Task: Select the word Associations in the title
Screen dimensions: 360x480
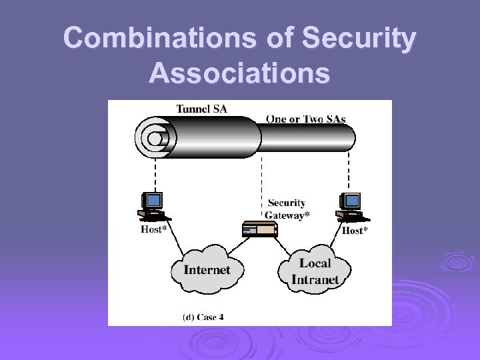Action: pyautogui.click(x=239, y=71)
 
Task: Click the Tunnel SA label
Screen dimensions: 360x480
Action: pyautogui.click(x=201, y=109)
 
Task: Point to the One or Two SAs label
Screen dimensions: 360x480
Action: pyautogui.click(x=305, y=119)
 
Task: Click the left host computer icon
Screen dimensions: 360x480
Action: pyautogui.click(x=153, y=206)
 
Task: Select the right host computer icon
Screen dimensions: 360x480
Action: pyautogui.click(x=350, y=206)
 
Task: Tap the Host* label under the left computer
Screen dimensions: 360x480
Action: pyautogui.click(x=153, y=229)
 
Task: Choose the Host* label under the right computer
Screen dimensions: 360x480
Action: pyautogui.click(x=355, y=231)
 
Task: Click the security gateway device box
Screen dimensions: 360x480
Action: pyautogui.click(x=259, y=229)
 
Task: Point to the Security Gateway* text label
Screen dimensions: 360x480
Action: pyautogui.click(x=286, y=209)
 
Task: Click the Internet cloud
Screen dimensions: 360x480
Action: pyautogui.click(x=206, y=271)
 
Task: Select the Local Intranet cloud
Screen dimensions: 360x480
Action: pyautogui.click(x=315, y=271)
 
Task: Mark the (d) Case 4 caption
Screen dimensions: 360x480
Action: pyautogui.click(x=203, y=317)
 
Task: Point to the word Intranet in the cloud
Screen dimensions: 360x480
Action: pyautogui.click(x=315, y=279)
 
